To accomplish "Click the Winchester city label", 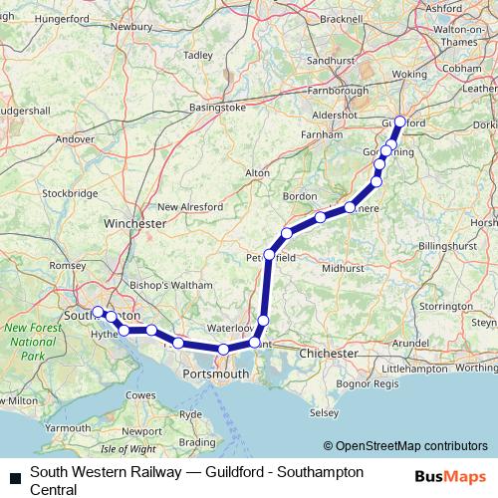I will tap(135, 224).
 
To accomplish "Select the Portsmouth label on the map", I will tap(215, 373).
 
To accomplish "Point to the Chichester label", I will tap(329, 354).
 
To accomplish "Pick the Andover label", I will tap(75, 139).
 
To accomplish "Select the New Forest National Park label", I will tap(29, 342).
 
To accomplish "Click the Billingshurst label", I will tap(450, 245).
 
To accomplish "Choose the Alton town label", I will tap(257, 172).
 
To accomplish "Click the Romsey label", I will tap(68, 266).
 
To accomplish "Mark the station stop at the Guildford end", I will tap(399, 122).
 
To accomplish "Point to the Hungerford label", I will tap(34, 18).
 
